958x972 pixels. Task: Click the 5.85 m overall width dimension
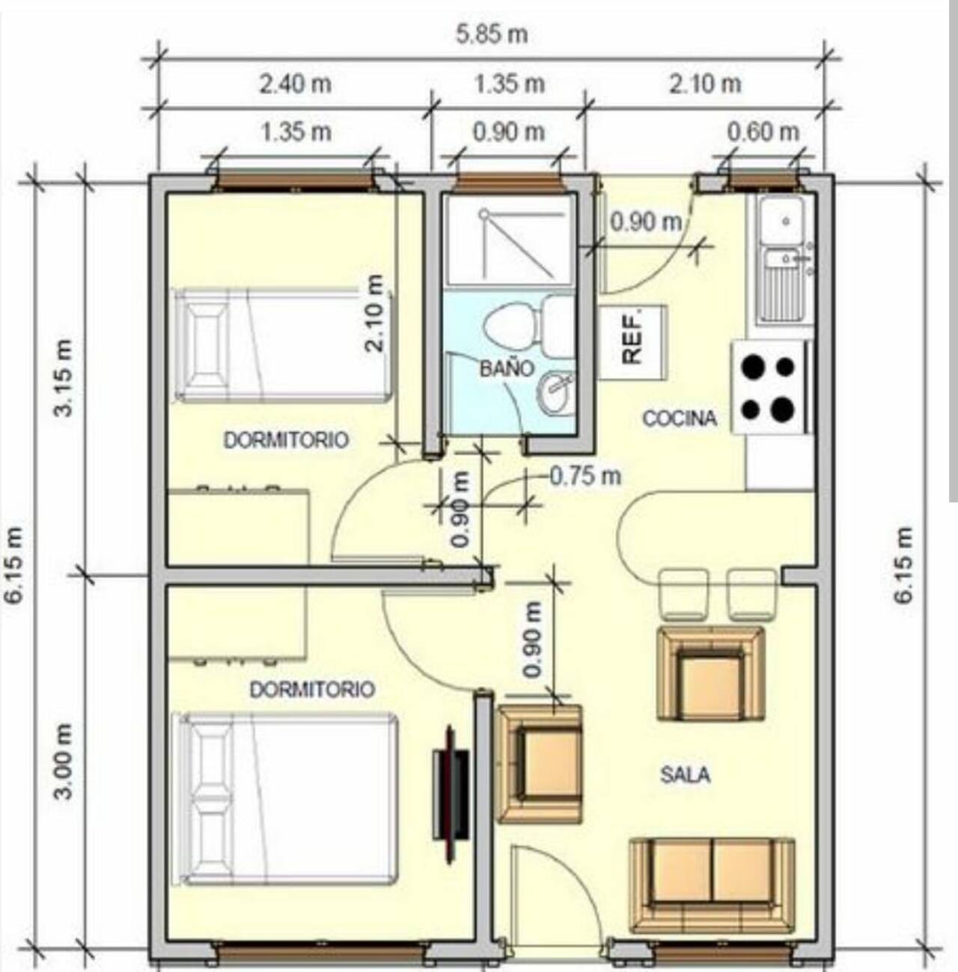tap(492, 34)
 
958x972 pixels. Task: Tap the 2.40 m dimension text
tap(296, 84)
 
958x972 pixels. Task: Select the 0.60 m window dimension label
tap(763, 132)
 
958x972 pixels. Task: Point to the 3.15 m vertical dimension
tap(64, 377)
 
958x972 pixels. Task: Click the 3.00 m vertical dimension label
tap(64, 761)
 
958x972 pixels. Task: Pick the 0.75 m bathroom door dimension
tap(585, 476)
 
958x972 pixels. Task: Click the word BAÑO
tap(506, 368)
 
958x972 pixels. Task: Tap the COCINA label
tap(679, 418)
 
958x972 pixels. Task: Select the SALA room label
tap(686, 774)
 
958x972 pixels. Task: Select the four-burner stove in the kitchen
tap(770, 387)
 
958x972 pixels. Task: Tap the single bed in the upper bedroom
tap(282, 345)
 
